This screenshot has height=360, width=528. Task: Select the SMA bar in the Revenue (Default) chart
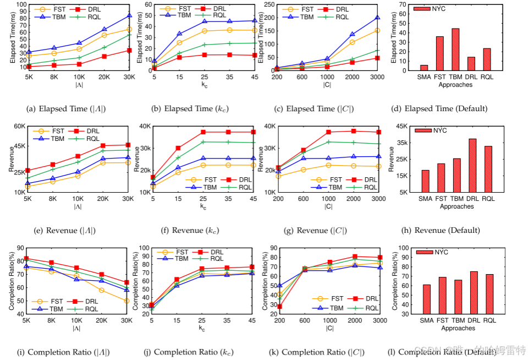(x=425, y=181)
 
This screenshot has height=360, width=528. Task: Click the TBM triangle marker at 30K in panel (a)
(x=129, y=15)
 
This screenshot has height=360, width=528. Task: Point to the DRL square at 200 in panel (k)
(x=279, y=307)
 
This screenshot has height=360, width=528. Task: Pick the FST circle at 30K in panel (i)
(x=127, y=301)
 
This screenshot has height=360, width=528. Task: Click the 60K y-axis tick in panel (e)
(x=19, y=126)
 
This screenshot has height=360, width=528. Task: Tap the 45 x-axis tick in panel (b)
(x=254, y=78)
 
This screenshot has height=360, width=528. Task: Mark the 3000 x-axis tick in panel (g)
(x=377, y=199)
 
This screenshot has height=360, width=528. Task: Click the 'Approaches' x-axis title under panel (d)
(x=457, y=85)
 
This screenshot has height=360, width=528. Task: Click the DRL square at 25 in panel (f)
(x=203, y=132)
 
